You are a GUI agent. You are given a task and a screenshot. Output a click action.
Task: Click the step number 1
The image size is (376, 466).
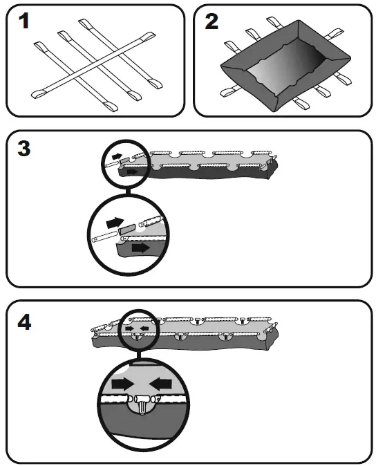[23, 21]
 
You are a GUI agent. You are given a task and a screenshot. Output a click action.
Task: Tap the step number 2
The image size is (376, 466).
[211, 21]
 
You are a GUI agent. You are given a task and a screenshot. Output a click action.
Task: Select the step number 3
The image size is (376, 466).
[24, 148]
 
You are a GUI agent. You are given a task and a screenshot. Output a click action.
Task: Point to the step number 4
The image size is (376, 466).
[24, 322]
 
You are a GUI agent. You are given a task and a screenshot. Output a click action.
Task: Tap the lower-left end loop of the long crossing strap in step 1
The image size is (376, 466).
[39, 93]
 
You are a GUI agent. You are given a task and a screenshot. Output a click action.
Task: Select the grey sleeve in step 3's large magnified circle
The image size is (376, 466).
[127, 230]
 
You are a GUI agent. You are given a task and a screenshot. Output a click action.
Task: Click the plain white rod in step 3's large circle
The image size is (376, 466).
[104, 237]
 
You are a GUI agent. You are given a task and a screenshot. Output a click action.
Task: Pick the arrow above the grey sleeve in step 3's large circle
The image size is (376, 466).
[115, 222]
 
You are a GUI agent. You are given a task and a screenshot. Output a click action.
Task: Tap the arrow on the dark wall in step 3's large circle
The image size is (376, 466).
[140, 248]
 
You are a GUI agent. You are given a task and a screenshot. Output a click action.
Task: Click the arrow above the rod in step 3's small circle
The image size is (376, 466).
[117, 156]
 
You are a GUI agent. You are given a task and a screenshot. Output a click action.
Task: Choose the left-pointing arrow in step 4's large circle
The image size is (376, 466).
[160, 384]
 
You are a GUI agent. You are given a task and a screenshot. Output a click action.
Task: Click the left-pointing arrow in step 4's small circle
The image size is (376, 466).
[144, 328]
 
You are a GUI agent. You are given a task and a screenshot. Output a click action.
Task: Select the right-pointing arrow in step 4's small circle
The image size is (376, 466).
[129, 328]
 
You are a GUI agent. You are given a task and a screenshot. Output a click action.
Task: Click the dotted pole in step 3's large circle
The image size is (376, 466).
[152, 221]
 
